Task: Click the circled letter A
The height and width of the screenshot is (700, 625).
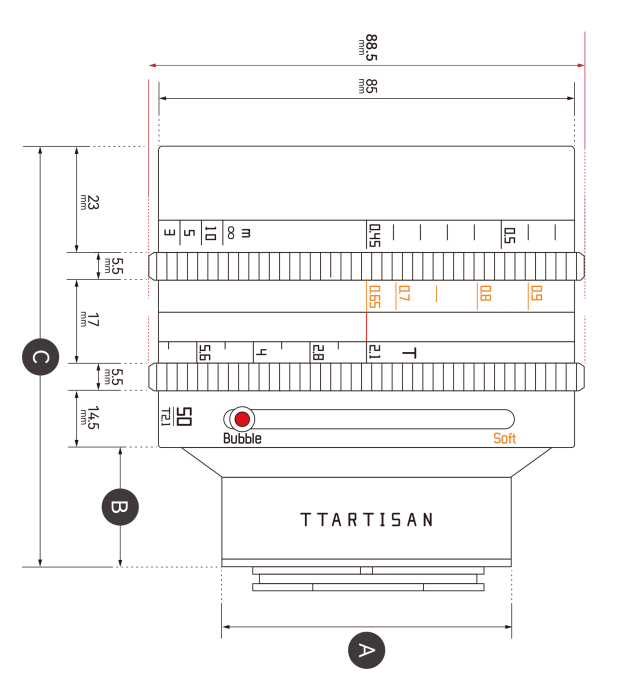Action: tap(366, 651)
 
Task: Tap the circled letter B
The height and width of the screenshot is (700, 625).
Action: tap(119, 507)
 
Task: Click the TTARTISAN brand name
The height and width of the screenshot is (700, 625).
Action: tap(367, 520)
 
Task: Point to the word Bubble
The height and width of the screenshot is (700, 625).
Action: tap(242, 439)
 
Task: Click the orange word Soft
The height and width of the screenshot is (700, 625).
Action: tap(505, 438)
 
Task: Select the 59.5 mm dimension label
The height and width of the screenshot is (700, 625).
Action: tap(364, 47)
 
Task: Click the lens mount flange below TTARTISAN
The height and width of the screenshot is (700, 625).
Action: tap(367, 579)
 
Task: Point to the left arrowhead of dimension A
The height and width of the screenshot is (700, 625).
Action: tap(224, 627)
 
